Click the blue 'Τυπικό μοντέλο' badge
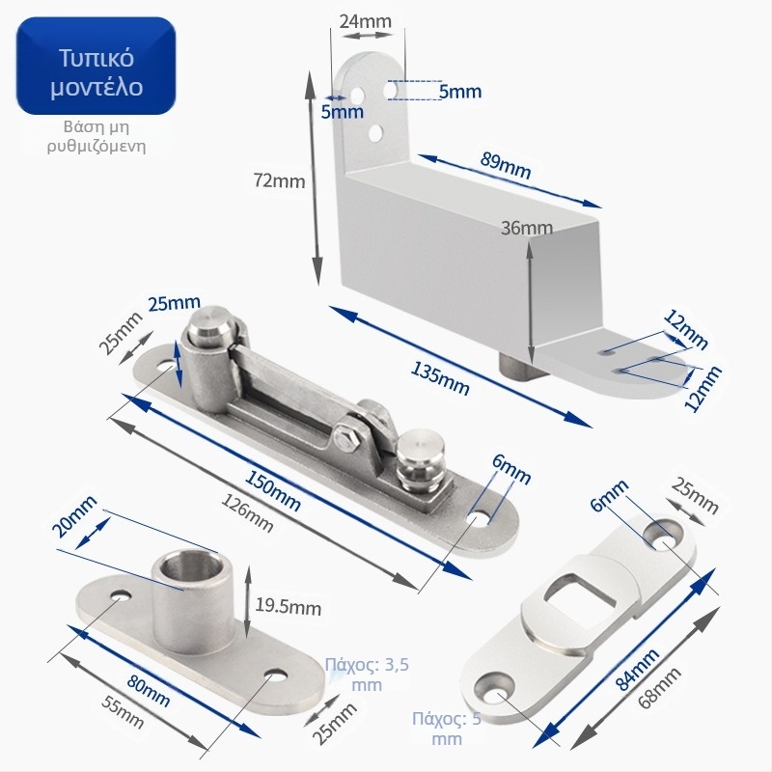(x=96, y=67)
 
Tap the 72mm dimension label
(x=279, y=181)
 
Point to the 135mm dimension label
(x=440, y=378)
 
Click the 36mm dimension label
(x=526, y=228)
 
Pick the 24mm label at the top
(x=366, y=21)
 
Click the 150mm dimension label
(x=272, y=491)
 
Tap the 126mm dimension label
(x=247, y=513)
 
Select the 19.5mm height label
(x=288, y=607)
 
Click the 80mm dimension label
(x=149, y=690)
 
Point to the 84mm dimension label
(x=637, y=669)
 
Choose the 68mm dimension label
(x=659, y=687)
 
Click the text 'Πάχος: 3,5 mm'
(x=367, y=675)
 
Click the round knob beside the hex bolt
(x=420, y=459)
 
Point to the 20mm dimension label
(x=74, y=517)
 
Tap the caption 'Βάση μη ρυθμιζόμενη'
(x=96, y=137)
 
